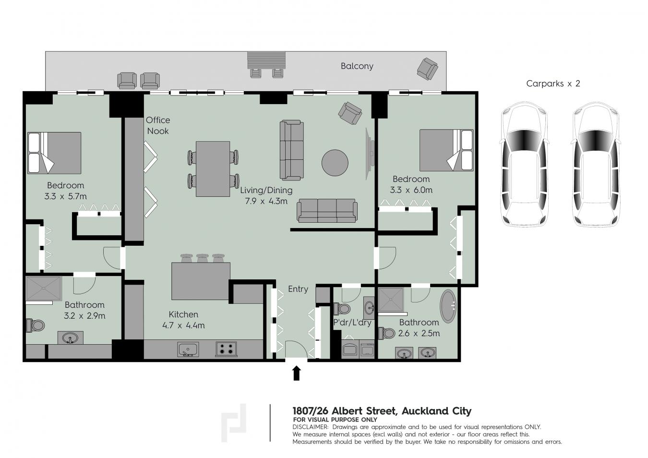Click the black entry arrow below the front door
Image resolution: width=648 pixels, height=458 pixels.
point(297,373)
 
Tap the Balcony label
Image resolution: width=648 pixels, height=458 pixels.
point(357,66)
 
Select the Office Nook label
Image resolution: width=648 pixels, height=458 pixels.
point(157,126)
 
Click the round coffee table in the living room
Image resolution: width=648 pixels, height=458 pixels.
point(335,163)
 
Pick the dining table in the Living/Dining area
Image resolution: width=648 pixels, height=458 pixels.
point(213,169)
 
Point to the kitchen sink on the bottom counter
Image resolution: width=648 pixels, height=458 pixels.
point(188,350)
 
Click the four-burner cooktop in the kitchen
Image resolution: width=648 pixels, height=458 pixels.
point(226,349)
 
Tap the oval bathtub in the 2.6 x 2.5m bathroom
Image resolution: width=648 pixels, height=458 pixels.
point(448,306)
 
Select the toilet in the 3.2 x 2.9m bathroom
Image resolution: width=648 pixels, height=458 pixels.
point(36,325)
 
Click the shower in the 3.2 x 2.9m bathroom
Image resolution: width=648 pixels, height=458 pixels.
point(44,289)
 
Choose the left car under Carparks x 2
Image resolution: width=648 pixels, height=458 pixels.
point(525,164)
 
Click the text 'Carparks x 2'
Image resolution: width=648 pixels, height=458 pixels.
point(553,84)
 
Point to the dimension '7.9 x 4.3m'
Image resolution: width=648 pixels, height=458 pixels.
point(266,201)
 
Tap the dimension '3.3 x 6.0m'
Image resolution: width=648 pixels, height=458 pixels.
point(411,190)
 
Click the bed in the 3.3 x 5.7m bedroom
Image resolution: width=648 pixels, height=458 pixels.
point(54,153)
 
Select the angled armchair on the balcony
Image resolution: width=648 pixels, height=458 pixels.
point(427,69)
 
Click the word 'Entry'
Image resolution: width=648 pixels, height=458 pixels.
point(298,289)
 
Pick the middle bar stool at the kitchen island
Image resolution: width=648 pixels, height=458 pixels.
point(202,258)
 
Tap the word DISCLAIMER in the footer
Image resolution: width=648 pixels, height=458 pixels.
point(311,427)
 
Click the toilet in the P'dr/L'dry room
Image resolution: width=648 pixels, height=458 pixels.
point(342,309)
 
